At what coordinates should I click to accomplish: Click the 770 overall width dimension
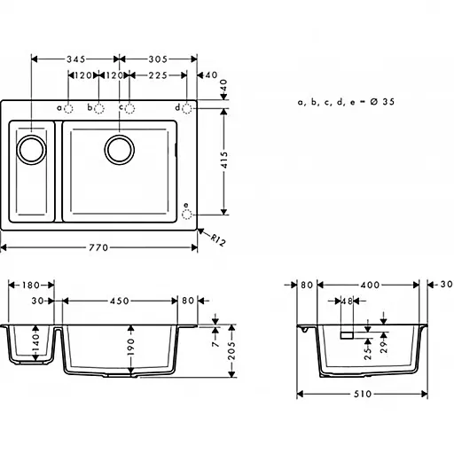[109, 247]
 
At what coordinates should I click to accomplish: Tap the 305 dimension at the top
[160, 59]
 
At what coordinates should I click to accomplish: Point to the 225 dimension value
[160, 75]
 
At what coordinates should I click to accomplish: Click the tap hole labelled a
[70, 108]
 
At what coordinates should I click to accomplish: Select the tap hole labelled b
[99, 108]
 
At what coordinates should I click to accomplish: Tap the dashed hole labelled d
[187, 107]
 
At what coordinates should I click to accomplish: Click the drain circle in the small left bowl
[33, 148]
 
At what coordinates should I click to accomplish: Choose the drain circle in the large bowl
[119, 148]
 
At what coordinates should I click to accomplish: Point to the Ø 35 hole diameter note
[347, 102]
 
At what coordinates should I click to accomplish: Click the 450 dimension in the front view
[121, 300]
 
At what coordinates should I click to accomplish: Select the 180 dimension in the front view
[31, 286]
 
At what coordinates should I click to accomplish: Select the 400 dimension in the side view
[368, 286]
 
